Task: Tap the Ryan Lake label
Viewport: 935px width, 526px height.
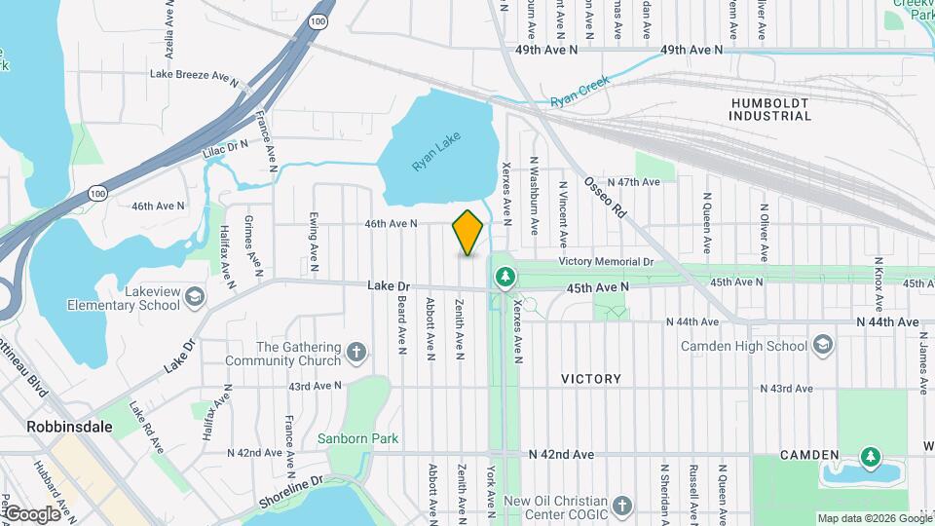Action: coord(434,154)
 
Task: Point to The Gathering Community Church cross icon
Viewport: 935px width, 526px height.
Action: coord(357,351)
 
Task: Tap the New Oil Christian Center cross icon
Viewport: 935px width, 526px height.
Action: coord(623,507)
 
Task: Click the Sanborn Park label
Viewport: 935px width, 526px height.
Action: coord(357,438)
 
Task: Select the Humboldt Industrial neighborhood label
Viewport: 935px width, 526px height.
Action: coord(768,108)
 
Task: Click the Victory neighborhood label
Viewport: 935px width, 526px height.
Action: coord(591,379)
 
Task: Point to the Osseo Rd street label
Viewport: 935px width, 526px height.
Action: coord(603,198)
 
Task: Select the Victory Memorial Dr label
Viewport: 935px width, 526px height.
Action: coord(606,262)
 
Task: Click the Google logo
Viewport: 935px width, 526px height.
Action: coord(32,513)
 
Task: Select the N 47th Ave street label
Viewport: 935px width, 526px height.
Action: coord(634,182)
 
